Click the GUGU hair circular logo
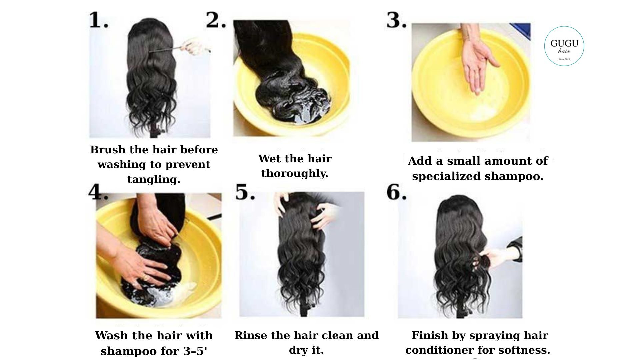click(x=564, y=46)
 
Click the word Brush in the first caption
click(x=107, y=150)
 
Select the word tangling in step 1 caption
click(x=154, y=180)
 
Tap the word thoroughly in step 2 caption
click(x=295, y=174)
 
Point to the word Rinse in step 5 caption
click(x=251, y=335)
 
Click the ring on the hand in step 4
click(x=146, y=277)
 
